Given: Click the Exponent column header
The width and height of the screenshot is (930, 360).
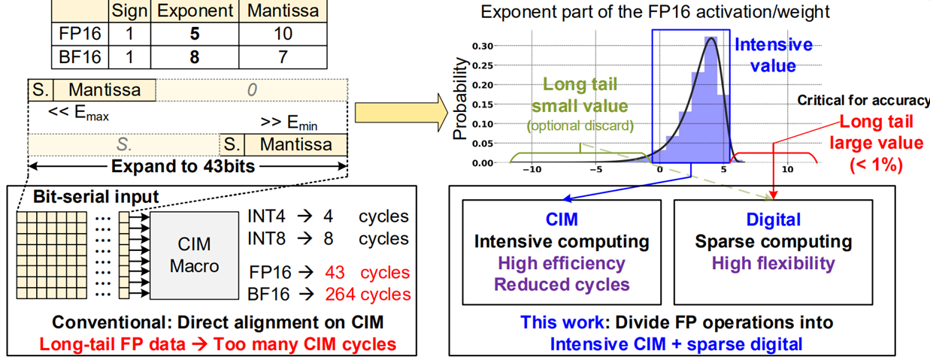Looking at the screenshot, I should (194, 11).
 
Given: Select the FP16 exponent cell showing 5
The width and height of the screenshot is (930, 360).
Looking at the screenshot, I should (194, 35).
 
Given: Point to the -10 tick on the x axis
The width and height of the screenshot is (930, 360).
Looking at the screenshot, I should (532, 170).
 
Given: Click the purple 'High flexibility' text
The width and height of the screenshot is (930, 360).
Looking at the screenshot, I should (774, 263).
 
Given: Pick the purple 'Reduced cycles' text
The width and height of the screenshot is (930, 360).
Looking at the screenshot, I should (561, 285).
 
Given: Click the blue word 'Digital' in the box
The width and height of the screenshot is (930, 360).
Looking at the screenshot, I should (774, 219).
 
